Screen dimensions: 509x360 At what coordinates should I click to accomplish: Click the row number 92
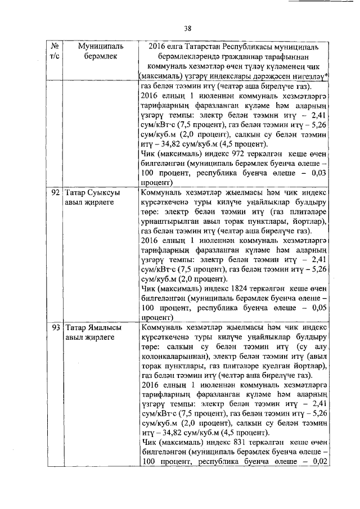55,192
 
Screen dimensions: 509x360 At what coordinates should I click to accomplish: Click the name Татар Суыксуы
92,192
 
